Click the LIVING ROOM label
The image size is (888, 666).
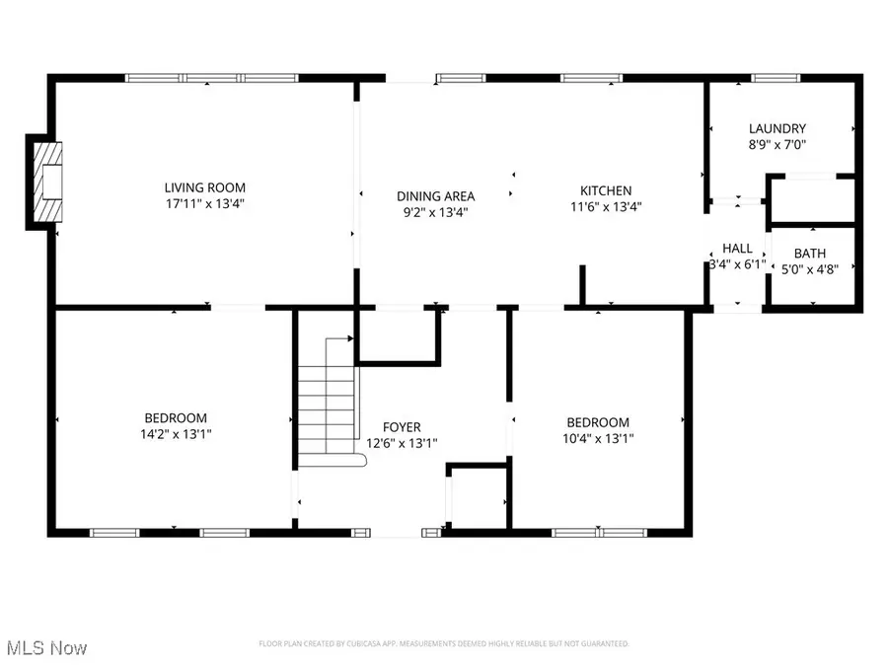(x=204, y=187)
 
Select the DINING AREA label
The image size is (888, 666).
(x=435, y=195)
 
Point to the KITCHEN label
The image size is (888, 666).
(x=605, y=190)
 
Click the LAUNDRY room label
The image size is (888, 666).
(x=777, y=128)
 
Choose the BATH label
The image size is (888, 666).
(x=811, y=254)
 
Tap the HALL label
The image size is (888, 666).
(x=737, y=249)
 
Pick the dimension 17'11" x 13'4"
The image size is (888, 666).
(x=204, y=204)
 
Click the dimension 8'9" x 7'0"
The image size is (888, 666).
(x=777, y=144)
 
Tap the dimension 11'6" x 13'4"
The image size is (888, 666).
(x=605, y=206)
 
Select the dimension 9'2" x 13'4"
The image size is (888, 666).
(x=435, y=211)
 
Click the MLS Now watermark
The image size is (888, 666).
(x=46, y=648)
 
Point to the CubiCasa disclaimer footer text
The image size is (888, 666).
(x=444, y=644)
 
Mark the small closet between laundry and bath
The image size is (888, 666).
(x=811, y=200)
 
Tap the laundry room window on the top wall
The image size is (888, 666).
(x=778, y=78)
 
